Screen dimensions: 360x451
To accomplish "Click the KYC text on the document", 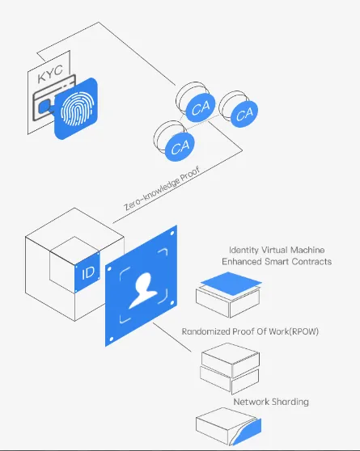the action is coord(50,74).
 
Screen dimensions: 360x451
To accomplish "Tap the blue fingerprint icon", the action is coord(76,108).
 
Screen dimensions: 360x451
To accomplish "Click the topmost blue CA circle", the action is coord(201,107).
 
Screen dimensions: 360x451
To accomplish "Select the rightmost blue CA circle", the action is coord(244,114).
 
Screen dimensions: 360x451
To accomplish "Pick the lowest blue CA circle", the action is coord(180,147).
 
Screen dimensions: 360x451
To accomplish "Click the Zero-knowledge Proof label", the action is coord(162,188).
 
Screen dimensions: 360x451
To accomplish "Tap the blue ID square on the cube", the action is coord(87,272).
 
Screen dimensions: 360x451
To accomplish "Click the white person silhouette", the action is coord(143,291).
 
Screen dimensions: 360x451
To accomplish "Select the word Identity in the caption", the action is coord(244,251).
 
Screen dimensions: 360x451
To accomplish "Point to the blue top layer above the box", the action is coord(231,284).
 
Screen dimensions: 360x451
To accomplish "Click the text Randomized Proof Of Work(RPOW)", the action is coord(250,331).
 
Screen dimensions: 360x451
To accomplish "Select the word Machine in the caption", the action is coord(307,250).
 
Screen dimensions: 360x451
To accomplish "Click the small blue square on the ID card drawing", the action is coord(44,107).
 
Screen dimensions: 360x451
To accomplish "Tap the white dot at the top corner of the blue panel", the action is coord(172,234).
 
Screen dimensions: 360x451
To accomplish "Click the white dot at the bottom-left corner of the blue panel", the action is coord(112,339).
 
